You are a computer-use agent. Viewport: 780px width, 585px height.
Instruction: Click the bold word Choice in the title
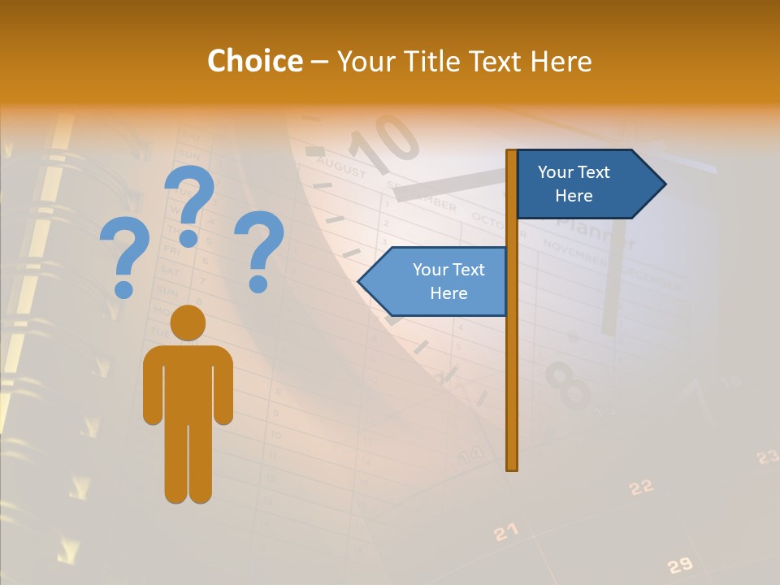click(x=254, y=61)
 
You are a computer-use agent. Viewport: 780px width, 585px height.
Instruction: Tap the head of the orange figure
click(x=188, y=323)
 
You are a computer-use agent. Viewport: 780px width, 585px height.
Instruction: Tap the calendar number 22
click(x=641, y=487)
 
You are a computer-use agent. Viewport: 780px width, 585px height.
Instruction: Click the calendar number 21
click(x=505, y=532)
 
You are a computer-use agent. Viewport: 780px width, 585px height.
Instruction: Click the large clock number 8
click(x=568, y=386)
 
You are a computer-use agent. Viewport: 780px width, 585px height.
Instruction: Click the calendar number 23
click(x=767, y=457)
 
